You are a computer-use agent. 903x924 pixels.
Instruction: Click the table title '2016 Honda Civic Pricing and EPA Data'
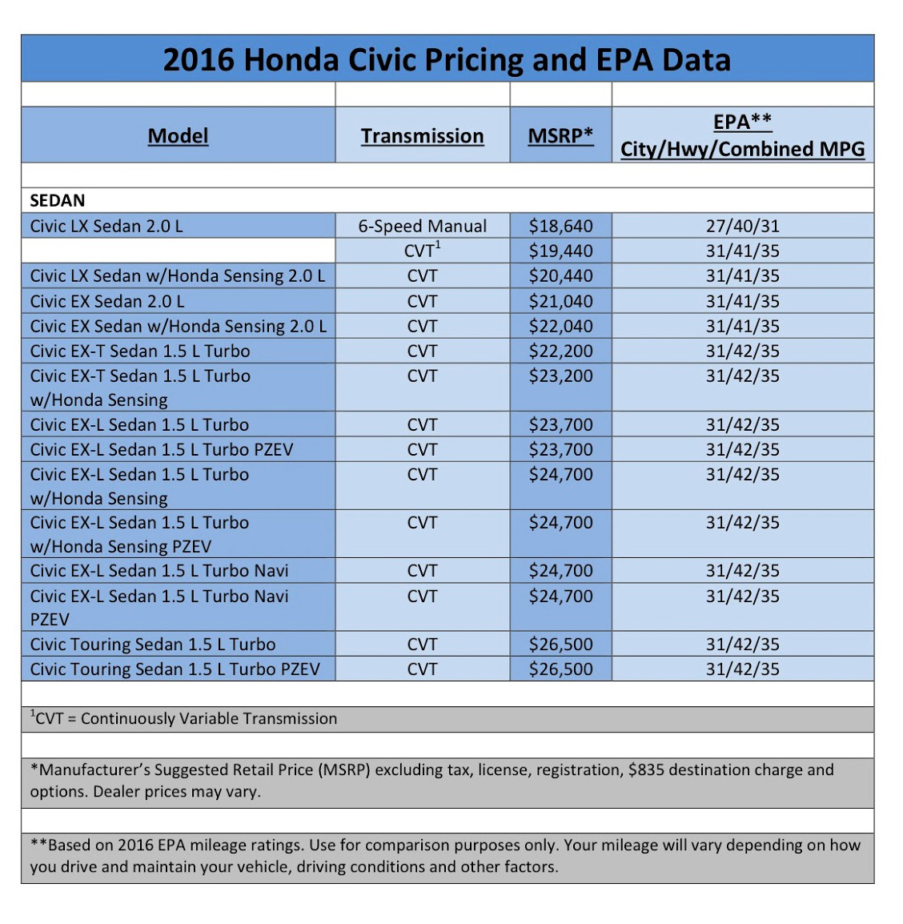(447, 60)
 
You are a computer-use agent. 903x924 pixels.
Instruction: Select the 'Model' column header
(178, 136)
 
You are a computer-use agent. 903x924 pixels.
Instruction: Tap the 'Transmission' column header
(422, 136)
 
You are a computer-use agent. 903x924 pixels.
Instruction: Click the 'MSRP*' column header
(560, 136)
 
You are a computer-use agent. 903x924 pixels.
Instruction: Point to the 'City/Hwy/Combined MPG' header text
(742, 150)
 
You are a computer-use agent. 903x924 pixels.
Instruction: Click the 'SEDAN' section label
(58, 200)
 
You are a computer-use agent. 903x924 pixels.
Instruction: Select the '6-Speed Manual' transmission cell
(422, 226)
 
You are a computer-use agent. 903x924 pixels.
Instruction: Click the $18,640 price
(560, 226)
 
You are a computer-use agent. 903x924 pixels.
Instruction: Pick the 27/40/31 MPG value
(742, 226)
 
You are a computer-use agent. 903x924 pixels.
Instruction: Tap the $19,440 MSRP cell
(560, 251)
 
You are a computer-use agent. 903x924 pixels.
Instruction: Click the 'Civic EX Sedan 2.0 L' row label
(107, 301)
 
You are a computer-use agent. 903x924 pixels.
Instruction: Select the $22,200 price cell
(560, 351)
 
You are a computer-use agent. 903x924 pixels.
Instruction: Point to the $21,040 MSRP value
(560, 301)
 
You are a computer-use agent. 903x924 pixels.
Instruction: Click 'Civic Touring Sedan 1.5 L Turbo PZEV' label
(175, 669)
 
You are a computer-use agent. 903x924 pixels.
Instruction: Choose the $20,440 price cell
(560, 275)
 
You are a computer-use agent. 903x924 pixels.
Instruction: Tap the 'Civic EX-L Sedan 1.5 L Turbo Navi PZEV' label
(159, 607)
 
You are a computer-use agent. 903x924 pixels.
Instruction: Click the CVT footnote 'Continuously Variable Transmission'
(209, 719)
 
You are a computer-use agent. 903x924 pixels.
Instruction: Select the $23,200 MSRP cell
(560, 376)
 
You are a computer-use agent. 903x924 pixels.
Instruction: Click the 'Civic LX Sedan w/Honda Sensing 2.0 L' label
(178, 275)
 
